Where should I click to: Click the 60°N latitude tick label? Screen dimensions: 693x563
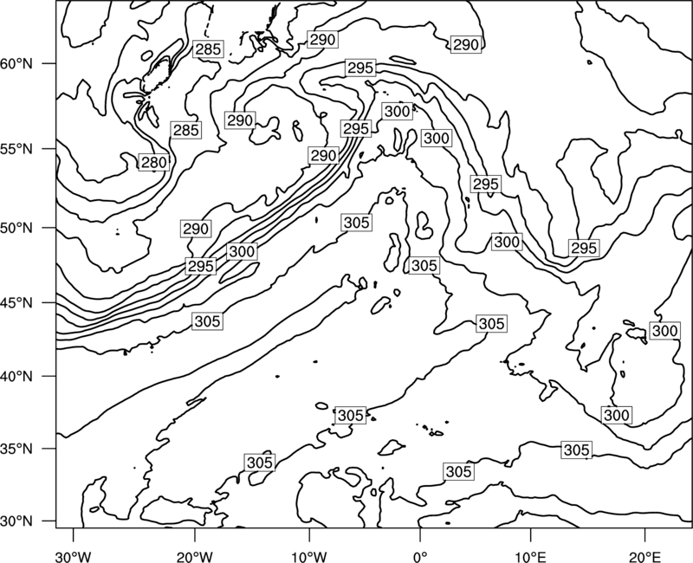[x=16, y=64]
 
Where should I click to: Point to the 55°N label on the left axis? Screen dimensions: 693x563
[x=16, y=149]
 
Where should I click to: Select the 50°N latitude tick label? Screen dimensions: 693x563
[x=16, y=228]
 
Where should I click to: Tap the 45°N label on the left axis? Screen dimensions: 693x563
[x=16, y=303]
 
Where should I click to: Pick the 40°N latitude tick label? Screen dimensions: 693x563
[x=16, y=377]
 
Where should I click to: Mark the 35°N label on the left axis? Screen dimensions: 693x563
[x=16, y=449]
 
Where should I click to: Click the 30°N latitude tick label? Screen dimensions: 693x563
[x=16, y=521]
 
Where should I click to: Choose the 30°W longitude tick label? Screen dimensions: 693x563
[x=74, y=556]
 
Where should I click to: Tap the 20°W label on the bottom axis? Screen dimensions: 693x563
[x=194, y=556]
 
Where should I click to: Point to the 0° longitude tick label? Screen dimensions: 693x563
[x=420, y=556]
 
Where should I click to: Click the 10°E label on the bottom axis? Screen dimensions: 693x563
[x=530, y=556]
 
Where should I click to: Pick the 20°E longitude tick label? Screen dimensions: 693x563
[x=644, y=556]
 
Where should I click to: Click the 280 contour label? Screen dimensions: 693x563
[x=154, y=163]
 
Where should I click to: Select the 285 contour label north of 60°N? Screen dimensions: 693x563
[x=208, y=49]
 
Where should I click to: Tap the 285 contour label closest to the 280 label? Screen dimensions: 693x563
[x=186, y=131]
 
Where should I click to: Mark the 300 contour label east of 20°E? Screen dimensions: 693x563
[x=664, y=331]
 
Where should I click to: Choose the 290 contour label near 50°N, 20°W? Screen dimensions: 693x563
[x=196, y=229]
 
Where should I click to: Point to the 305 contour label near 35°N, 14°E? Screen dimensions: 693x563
[x=577, y=450]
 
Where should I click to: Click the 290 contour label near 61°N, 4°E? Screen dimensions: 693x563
[x=466, y=45]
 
